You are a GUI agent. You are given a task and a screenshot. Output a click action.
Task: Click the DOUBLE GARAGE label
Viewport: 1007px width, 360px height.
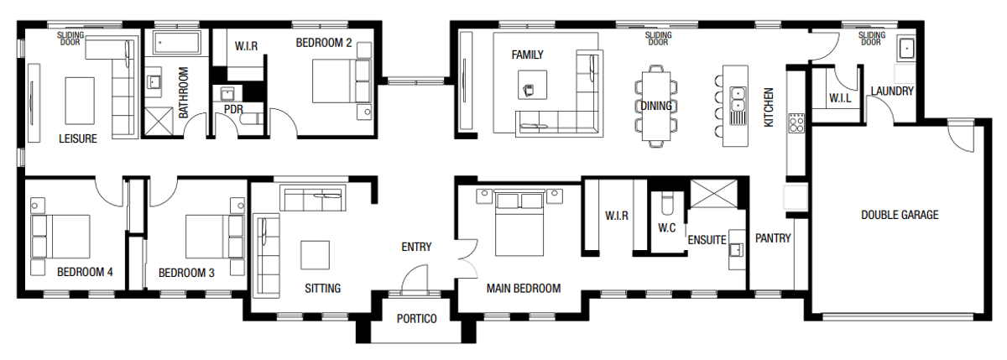point(900,215)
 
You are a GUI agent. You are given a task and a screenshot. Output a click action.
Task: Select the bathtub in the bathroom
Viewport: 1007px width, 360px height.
point(176,42)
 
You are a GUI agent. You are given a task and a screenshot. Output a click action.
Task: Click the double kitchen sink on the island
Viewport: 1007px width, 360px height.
point(738,100)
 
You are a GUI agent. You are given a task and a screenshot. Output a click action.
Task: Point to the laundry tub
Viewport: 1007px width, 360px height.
point(905,49)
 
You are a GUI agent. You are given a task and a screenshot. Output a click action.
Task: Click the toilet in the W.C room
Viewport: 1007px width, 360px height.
point(667,204)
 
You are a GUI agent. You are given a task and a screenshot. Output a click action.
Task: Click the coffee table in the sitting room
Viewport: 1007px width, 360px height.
point(316,254)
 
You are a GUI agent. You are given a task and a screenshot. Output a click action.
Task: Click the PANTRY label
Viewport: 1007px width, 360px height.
point(773,238)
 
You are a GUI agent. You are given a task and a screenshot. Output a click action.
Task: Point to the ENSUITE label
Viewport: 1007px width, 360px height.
point(707,240)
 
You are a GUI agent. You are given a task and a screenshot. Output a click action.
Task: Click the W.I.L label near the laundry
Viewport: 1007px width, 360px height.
point(839,99)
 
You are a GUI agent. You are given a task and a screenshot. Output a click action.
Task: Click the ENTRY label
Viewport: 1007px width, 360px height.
point(416,247)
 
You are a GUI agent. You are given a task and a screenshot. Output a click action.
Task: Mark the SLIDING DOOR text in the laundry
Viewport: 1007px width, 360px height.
point(870,38)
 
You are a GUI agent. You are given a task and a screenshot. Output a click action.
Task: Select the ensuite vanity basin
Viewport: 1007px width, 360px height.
point(737,248)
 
